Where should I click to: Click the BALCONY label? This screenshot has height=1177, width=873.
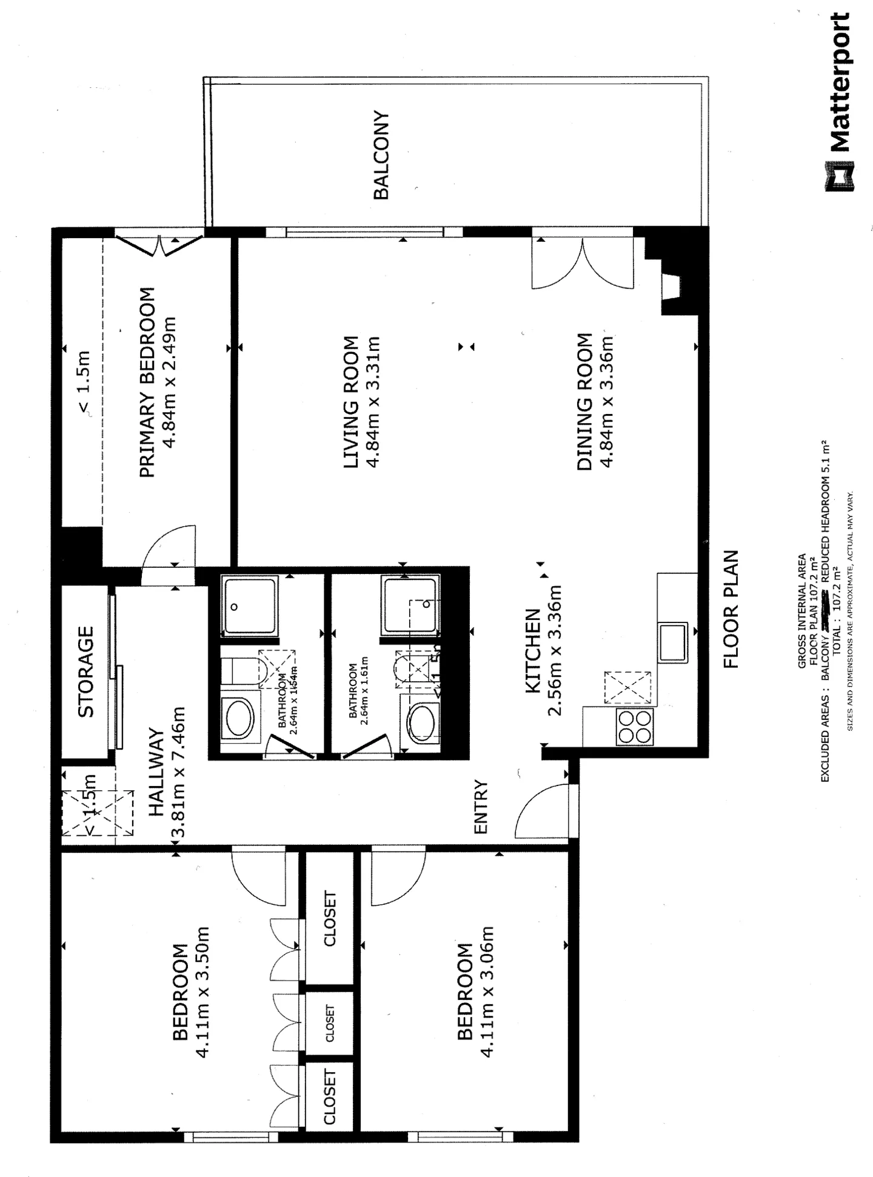[x=381, y=155]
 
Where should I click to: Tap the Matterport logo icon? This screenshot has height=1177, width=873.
[x=840, y=176]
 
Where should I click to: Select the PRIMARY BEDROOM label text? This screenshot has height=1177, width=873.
[x=147, y=382]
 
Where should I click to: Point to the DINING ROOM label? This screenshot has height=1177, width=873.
[x=584, y=402]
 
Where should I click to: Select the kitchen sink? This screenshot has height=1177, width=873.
[x=672, y=642]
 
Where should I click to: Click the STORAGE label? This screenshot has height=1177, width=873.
[x=86, y=672]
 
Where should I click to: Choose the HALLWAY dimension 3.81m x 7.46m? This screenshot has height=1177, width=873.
[x=178, y=772]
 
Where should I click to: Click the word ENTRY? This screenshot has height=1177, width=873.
[x=481, y=807]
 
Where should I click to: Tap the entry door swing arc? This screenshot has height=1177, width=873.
[x=541, y=810]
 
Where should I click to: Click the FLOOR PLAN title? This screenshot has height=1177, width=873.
[x=732, y=609]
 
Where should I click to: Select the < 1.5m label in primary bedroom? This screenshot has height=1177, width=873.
[x=83, y=382]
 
